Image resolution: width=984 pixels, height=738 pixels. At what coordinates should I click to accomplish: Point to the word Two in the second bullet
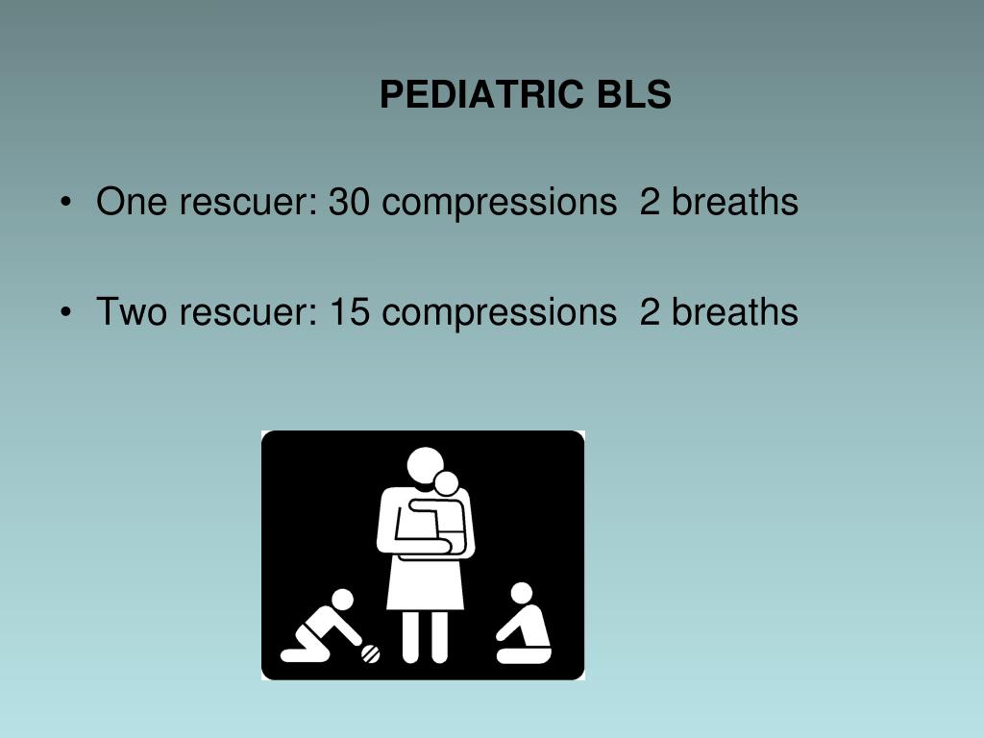(132, 312)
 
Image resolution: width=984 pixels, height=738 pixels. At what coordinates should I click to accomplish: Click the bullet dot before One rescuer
(65, 203)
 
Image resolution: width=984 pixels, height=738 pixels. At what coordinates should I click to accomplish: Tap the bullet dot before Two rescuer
(65, 313)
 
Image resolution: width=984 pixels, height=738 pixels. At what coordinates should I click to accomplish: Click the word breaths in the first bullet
(734, 202)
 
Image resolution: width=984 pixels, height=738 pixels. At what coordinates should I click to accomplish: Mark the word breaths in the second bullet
(734, 312)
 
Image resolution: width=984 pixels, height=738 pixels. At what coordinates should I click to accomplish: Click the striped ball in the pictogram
(370, 653)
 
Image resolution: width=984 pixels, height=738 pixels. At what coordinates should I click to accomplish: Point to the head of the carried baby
(446, 483)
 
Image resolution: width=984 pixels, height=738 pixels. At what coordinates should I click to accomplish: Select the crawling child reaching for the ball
(322, 629)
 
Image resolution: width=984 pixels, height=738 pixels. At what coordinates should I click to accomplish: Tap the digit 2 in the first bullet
(650, 202)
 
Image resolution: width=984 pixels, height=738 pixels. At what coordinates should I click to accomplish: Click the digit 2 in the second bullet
(650, 312)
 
